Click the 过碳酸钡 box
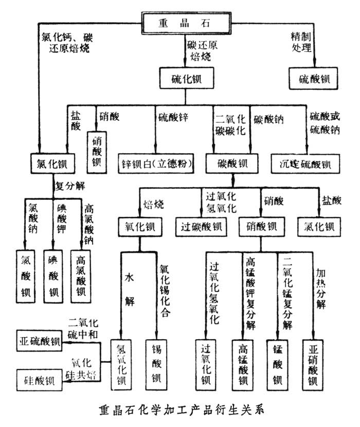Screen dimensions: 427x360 click(201, 226)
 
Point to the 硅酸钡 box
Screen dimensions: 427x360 click(39, 381)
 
